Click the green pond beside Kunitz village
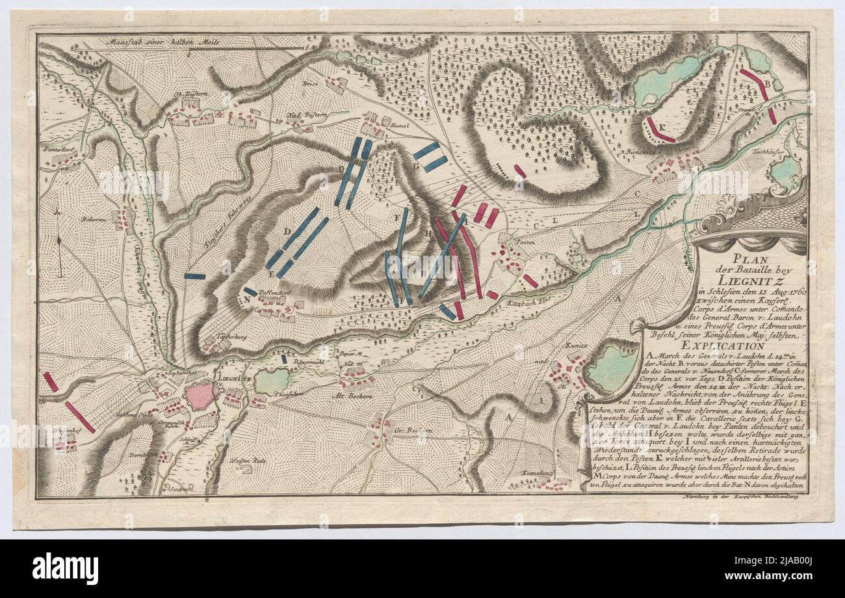[x=611, y=368]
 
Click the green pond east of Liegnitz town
[x=272, y=381]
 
